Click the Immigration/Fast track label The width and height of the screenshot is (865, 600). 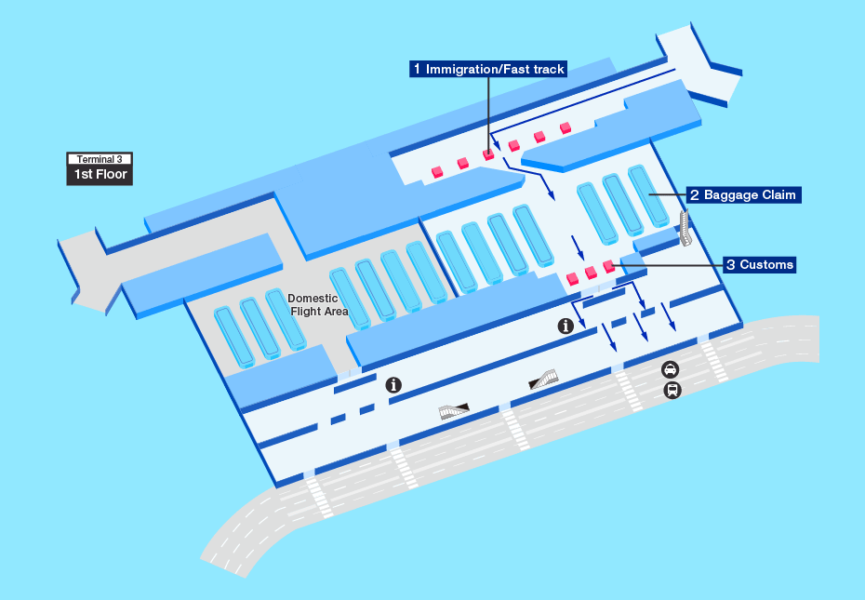pos(488,69)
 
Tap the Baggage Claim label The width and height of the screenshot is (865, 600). pos(743,194)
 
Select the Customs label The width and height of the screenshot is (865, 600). pos(759,265)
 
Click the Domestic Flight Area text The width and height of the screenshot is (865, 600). pos(318,305)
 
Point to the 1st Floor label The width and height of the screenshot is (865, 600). pos(100,175)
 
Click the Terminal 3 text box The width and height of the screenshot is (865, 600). pos(100,159)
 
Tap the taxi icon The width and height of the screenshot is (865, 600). pos(671,369)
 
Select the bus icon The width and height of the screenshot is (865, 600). pos(672,391)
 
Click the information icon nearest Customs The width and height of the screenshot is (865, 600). pos(566,327)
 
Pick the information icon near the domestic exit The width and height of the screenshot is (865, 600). pos(393,385)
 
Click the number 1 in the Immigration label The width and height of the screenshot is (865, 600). pos(417,69)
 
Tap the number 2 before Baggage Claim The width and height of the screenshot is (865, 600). pos(695,194)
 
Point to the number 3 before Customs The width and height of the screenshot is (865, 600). pos(731,265)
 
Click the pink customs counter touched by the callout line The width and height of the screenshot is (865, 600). pos(609,267)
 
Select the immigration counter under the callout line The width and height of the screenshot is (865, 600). pos(488,154)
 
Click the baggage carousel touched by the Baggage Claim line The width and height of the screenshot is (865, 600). pos(648,196)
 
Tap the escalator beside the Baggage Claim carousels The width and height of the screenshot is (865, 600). pos(685,228)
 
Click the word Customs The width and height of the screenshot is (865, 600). pos(766,265)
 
